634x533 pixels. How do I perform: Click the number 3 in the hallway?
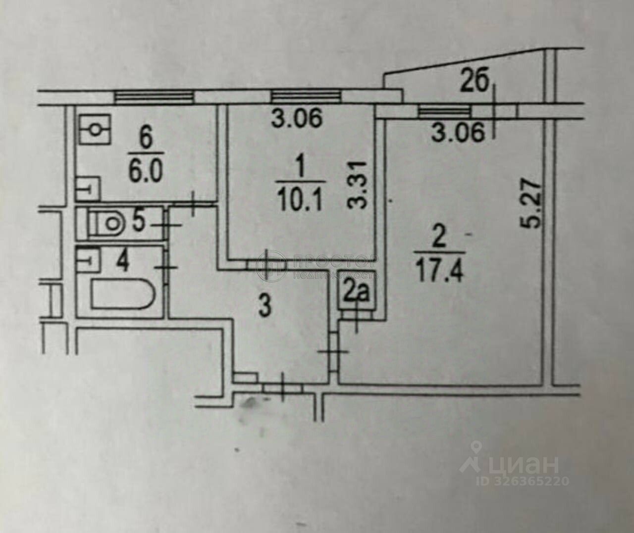pyautogui.click(x=265, y=306)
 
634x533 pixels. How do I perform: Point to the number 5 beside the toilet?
pyautogui.click(x=138, y=221)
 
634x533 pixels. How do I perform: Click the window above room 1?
pyautogui.click(x=307, y=97)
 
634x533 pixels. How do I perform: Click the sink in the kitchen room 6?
pyautogui.click(x=88, y=189)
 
